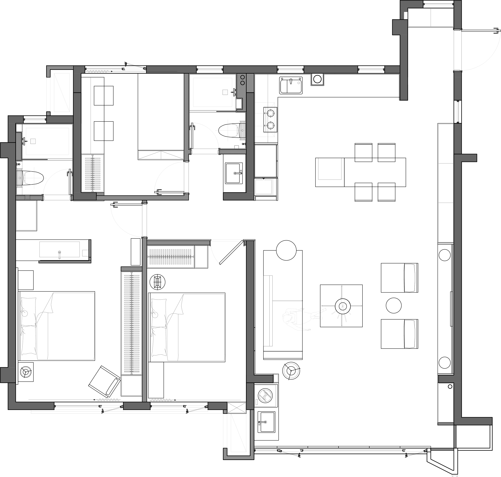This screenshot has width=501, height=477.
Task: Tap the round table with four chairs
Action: pos(343,306)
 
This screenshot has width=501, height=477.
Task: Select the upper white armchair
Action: pos(399,278)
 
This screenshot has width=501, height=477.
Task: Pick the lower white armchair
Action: pos(399,334)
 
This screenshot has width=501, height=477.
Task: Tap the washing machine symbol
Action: pos(265,396)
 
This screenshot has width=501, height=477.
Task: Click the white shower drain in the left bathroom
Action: pos(33,141)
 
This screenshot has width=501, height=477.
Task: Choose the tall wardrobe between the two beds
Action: pos(132,323)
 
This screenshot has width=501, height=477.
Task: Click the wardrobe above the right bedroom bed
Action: pos(170,256)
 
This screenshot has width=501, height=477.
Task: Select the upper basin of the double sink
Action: pos(271,113)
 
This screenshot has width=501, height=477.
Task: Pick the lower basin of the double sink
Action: pos(271,126)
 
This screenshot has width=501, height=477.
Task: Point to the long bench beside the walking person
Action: pos(268,311)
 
